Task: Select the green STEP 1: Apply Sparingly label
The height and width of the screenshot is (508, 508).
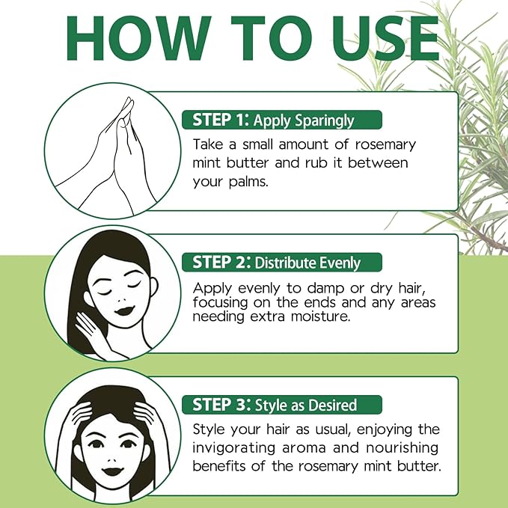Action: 282,120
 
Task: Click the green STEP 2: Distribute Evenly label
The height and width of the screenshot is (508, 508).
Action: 282,263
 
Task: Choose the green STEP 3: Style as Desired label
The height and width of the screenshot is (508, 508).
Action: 282,406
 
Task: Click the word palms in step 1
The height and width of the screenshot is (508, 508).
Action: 248,182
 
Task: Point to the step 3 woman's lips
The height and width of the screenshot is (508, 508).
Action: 111,469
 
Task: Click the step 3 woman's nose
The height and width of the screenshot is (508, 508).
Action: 111,454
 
